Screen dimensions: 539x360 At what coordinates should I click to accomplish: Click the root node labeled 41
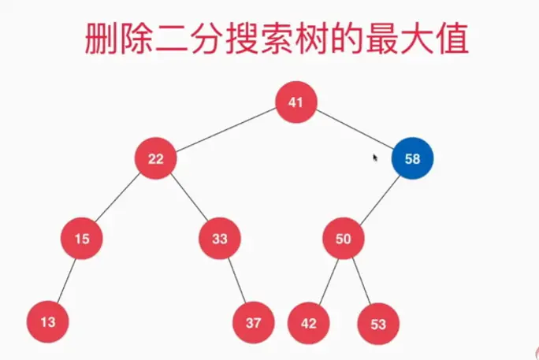[x=296, y=102]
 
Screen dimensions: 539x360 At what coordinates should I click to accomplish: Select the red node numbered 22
[x=155, y=159]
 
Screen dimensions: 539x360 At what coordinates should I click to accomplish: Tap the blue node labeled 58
[x=412, y=158]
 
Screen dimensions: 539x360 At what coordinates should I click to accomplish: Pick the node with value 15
[x=81, y=239]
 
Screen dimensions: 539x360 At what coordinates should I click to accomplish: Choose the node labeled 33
[x=219, y=239]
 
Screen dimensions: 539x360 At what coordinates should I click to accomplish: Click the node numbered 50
[x=343, y=239]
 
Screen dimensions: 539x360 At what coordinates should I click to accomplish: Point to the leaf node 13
[x=47, y=321]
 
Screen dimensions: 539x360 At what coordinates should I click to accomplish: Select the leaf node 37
[x=253, y=322]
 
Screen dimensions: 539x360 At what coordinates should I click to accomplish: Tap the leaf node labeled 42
[x=308, y=323]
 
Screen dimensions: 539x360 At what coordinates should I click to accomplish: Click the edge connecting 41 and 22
[x=225, y=131]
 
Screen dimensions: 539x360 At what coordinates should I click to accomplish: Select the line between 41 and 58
[x=355, y=130]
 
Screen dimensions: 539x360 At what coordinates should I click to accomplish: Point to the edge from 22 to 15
[x=118, y=199]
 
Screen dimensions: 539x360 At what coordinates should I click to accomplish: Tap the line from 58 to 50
[x=377, y=199]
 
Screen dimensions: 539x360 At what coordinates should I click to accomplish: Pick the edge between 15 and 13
[x=65, y=280]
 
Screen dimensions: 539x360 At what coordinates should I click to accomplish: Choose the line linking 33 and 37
[x=236, y=280]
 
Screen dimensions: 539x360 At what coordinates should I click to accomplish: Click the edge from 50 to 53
[x=360, y=280]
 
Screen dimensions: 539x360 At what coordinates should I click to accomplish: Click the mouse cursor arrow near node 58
[x=376, y=158]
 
